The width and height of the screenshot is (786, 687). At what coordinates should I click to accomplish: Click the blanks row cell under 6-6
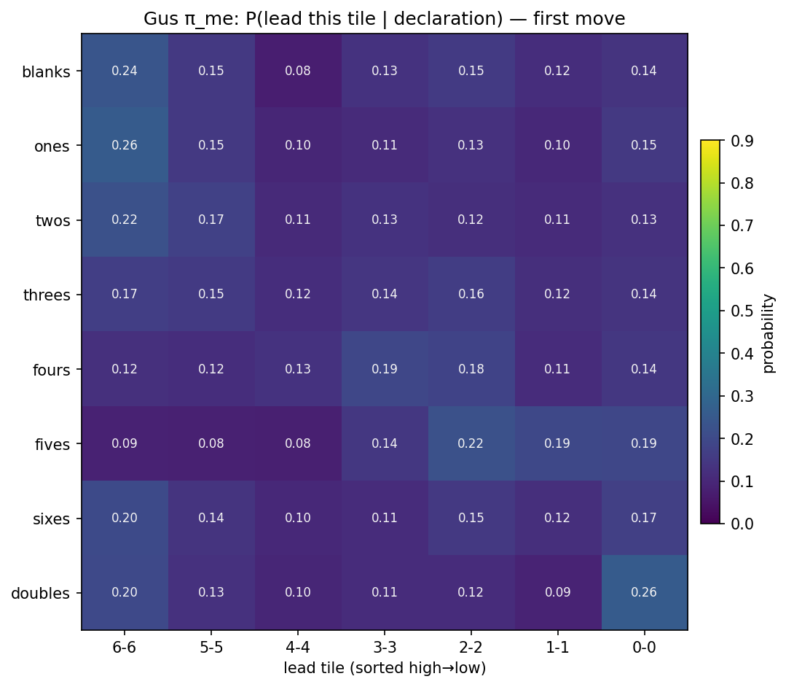coord(125,71)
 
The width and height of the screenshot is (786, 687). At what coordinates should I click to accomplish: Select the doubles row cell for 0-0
coord(645,592)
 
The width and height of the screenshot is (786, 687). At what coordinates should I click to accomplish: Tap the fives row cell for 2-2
coord(471,443)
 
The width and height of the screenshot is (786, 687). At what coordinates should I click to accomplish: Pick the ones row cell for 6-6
coord(125,145)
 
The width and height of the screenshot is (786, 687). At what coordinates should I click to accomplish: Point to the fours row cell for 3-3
coord(385,369)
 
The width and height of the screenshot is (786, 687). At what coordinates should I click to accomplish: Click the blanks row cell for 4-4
coord(298,71)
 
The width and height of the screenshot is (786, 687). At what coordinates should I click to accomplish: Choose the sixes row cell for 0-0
coord(645,518)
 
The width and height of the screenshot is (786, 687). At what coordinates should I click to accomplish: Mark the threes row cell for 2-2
coord(471,295)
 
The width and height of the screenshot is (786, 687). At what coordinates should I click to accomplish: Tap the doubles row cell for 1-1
coord(558,592)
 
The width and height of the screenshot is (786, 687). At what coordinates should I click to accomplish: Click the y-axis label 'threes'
coord(47,295)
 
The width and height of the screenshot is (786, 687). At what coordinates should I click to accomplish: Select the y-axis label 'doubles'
coord(41,593)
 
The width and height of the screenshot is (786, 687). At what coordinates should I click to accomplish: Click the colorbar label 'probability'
coord(769,333)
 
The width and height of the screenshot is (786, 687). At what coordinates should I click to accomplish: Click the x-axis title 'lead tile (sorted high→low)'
coord(385,668)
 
